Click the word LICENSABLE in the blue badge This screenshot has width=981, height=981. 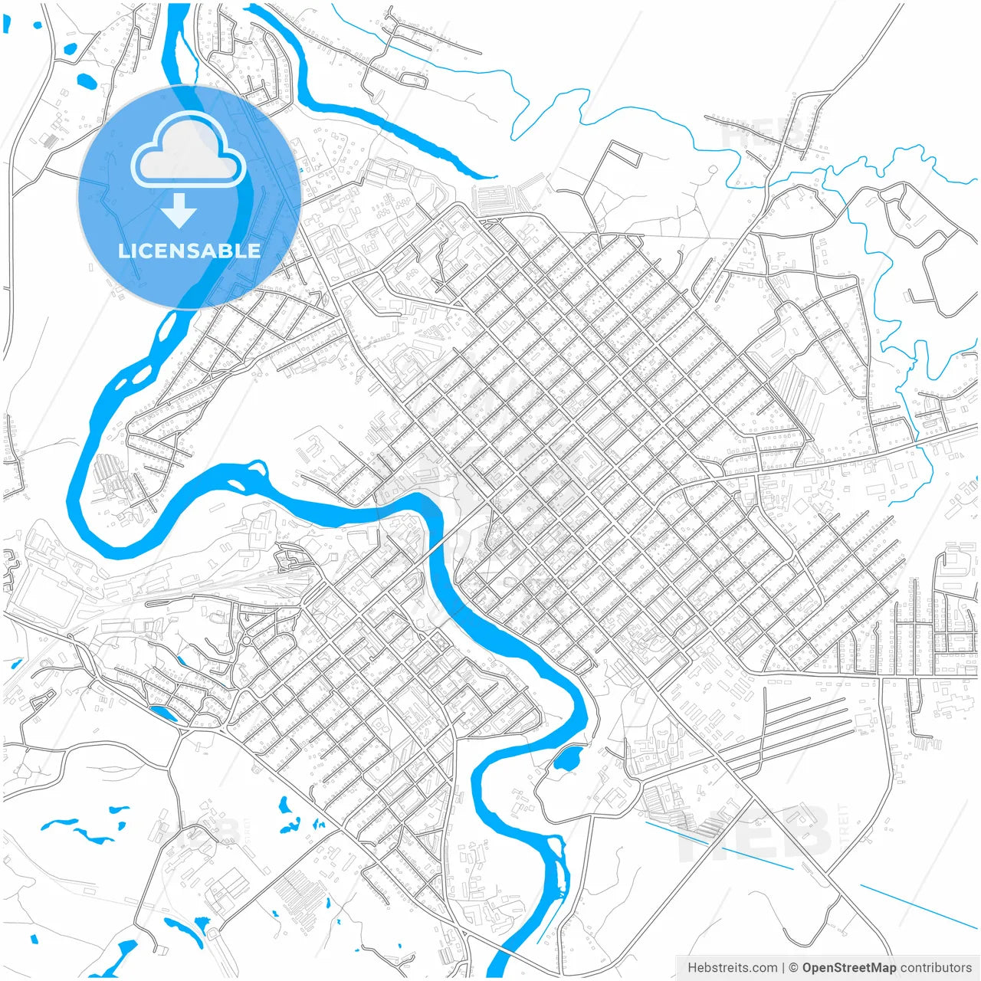tap(189, 251)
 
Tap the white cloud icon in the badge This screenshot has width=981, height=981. tap(188, 151)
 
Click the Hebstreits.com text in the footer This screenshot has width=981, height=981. tap(733, 968)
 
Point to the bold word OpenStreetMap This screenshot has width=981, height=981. tap(848, 968)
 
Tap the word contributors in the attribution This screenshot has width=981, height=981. tap(936, 968)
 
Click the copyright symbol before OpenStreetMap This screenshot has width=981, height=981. tap(794, 968)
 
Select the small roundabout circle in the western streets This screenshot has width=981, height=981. tap(248, 639)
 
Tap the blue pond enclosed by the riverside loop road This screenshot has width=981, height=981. tap(566, 760)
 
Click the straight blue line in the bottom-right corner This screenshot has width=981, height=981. tap(916, 905)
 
